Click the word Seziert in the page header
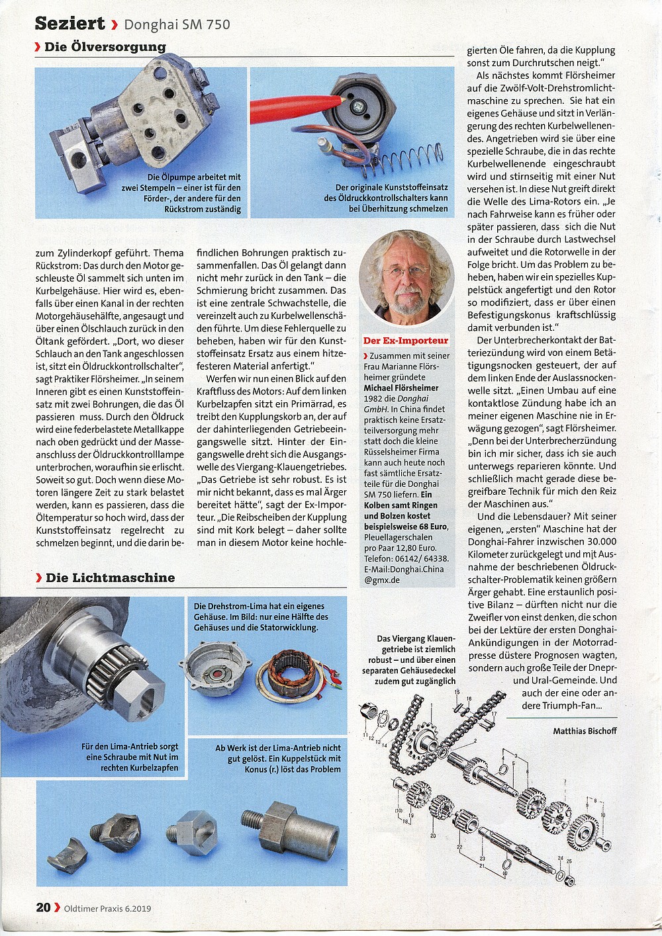point(70,24)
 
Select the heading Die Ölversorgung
point(105,47)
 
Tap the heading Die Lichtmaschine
point(110,577)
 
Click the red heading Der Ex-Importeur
point(406,341)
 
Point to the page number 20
point(43,908)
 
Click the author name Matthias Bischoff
point(585,730)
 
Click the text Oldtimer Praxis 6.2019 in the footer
point(107,908)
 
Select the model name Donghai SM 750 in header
point(177,25)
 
